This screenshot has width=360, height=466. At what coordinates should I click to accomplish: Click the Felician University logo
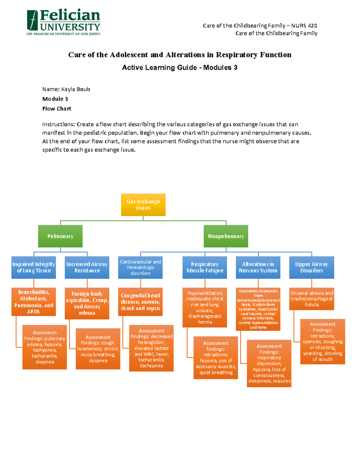[x=63, y=22]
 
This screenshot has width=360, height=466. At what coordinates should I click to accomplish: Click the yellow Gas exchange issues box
[x=143, y=205]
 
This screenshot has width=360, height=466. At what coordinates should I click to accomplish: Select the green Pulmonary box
[x=60, y=236]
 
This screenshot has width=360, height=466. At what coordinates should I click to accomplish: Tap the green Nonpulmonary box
[x=226, y=236]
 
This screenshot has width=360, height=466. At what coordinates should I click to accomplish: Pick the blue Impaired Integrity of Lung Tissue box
[x=34, y=267]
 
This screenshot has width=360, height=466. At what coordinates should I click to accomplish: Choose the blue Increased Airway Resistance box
[x=87, y=267]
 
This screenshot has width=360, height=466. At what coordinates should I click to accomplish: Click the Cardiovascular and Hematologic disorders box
[x=140, y=267]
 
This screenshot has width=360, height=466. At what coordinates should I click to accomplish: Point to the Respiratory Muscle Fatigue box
[x=205, y=267]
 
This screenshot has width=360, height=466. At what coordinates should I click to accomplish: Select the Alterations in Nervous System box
[x=258, y=267]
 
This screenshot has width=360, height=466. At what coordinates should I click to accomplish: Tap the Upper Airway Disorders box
[x=311, y=267]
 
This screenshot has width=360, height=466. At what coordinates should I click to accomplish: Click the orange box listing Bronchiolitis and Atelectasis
[x=34, y=302]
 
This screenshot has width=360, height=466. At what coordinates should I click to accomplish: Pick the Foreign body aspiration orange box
[x=87, y=303]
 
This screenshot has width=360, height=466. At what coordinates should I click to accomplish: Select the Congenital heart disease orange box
[x=140, y=302]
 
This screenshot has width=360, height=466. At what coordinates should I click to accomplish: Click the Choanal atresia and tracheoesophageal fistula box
[x=311, y=299]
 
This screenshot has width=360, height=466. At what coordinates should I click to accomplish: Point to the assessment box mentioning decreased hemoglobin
[x=151, y=348]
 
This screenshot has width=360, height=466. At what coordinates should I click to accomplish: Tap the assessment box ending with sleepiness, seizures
[x=269, y=363]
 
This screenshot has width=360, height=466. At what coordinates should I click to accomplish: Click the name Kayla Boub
[x=76, y=89]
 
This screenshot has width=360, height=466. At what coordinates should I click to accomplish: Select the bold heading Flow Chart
[x=57, y=109]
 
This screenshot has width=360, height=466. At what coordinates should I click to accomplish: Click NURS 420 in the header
[x=304, y=26]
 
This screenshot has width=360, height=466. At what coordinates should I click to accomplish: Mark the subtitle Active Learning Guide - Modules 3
[x=179, y=68]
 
